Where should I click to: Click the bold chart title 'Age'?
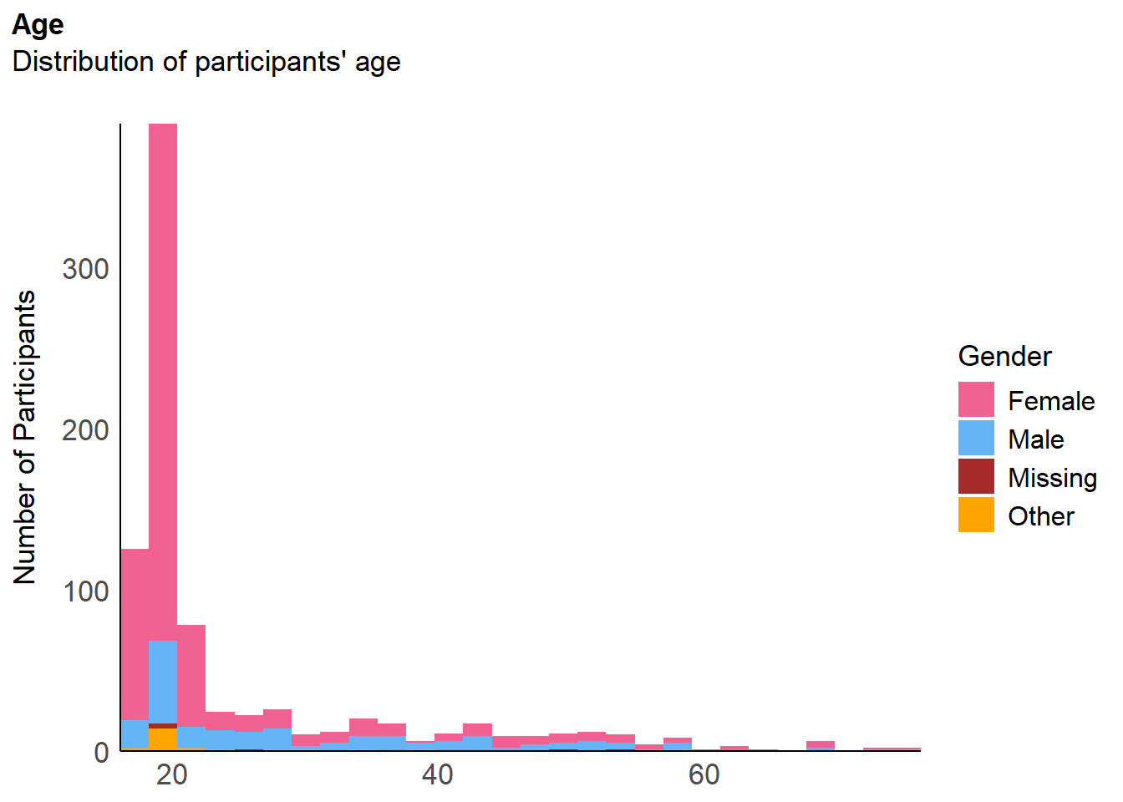click(x=38, y=25)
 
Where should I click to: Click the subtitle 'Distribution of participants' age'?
click(x=206, y=62)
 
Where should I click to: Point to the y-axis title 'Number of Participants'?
click(x=24, y=437)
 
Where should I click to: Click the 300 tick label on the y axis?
click(x=85, y=269)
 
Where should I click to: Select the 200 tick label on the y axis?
click(x=85, y=430)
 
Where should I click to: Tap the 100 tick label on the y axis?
click(x=86, y=592)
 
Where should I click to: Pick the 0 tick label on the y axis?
click(x=101, y=753)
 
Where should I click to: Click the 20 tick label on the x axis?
click(x=171, y=775)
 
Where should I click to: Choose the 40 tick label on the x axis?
click(x=437, y=775)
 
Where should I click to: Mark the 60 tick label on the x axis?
click(x=704, y=775)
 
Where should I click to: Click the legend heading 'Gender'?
click(x=1004, y=357)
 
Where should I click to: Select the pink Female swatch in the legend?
click(x=976, y=399)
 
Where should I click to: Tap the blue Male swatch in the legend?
click(x=976, y=438)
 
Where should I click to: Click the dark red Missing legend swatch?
click(x=976, y=476)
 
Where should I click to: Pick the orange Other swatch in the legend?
click(x=976, y=515)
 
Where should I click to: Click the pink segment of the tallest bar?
click(x=163, y=382)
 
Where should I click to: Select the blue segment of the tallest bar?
click(x=163, y=683)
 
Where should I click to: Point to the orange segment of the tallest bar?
click(x=163, y=739)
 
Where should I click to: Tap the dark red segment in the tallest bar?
click(x=163, y=726)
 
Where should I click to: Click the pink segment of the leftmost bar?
click(x=135, y=635)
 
